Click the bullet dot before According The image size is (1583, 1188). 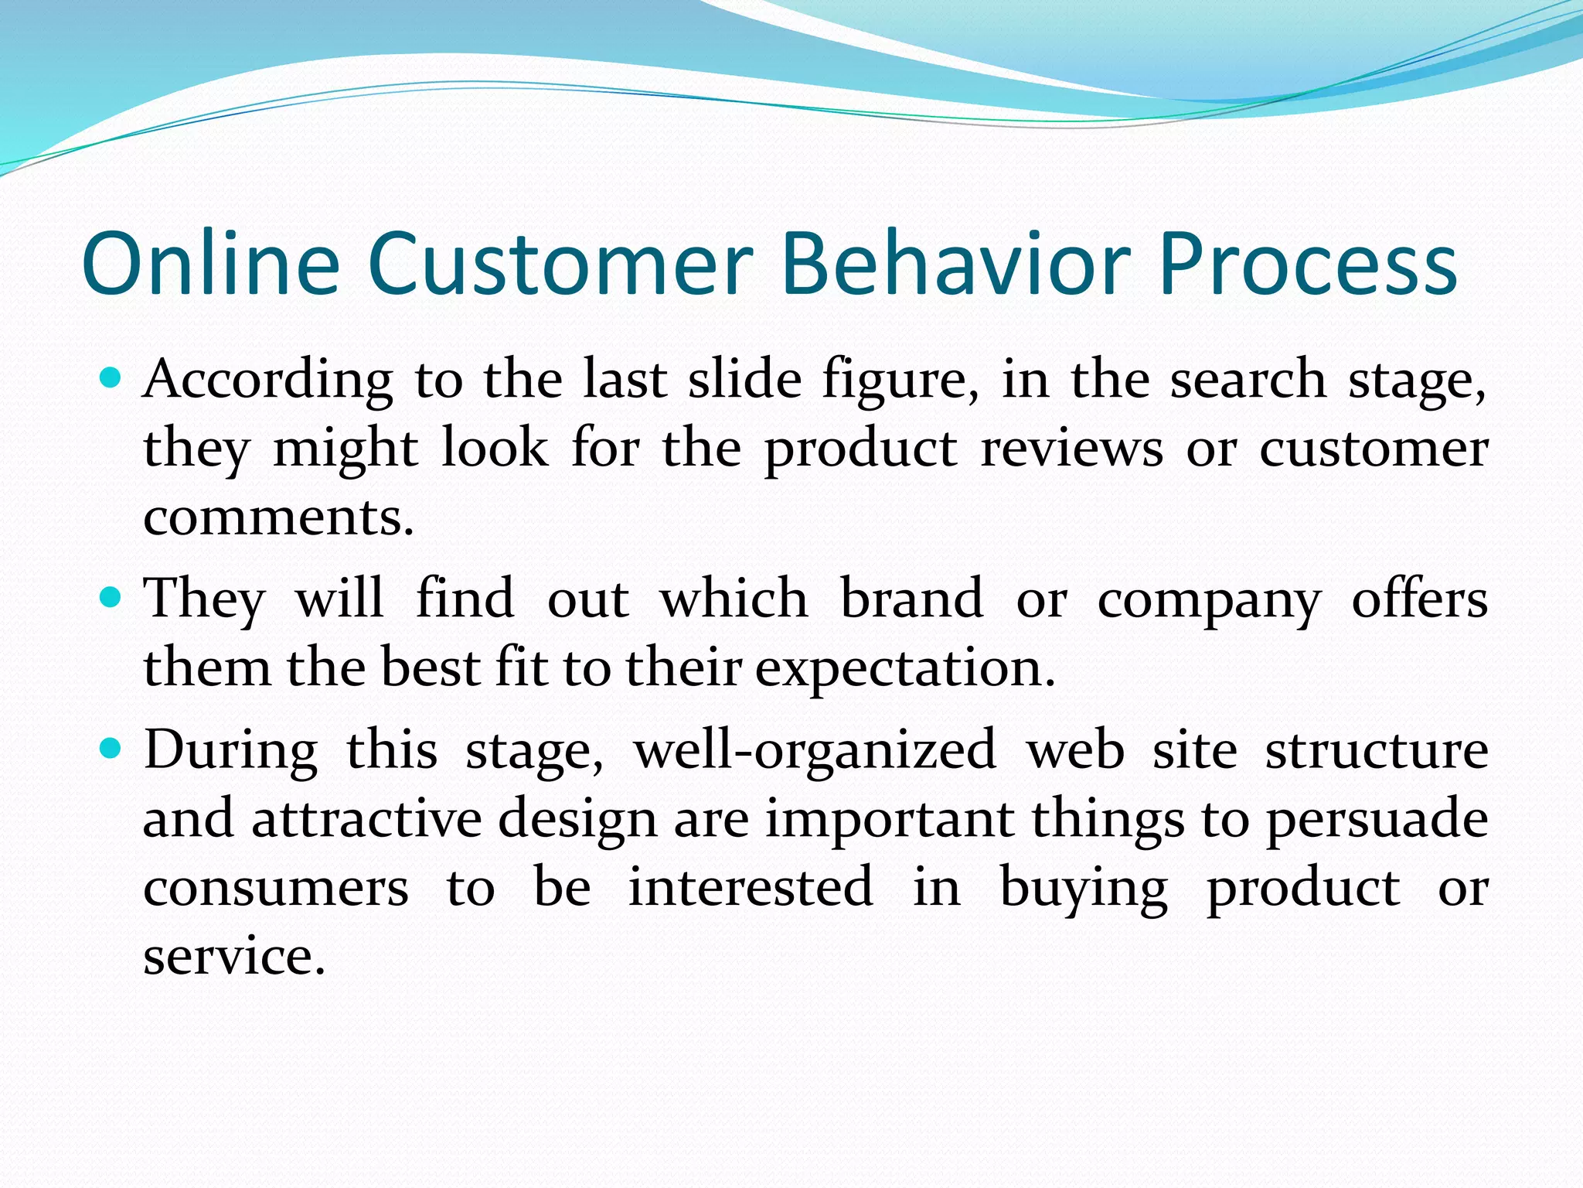coord(111,379)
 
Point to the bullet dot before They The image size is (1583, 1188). coord(111,598)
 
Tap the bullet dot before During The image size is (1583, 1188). coord(111,749)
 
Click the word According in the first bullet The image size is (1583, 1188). coord(268,381)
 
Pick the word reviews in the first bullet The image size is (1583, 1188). coord(1071,449)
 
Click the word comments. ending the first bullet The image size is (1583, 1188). coord(279,517)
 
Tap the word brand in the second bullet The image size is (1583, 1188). coord(911,599)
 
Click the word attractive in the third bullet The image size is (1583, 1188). coord(366,818)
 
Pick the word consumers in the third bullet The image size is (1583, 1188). coord(276,888)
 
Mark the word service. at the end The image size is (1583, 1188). coord(234,956)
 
